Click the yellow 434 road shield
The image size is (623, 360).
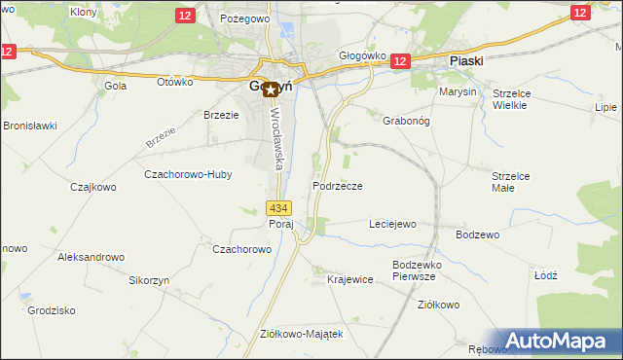279,208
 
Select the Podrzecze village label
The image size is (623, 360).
338,185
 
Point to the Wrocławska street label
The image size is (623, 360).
276,137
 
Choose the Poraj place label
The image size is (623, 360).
280,224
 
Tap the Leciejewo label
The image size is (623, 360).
392,224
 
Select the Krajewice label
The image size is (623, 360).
350,279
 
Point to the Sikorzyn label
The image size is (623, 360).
149,279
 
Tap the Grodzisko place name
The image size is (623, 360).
52,311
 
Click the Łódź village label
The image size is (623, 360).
546,275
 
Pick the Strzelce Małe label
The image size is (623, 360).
510,182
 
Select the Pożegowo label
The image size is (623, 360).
243,18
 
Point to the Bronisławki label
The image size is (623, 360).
30,126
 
